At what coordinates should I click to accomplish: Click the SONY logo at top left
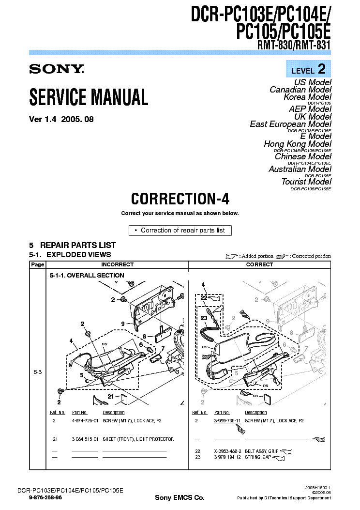point(57,69)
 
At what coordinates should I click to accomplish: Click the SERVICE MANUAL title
point(89,97)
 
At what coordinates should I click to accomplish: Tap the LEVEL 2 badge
point(308,69)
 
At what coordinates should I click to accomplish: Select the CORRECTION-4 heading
point(180,199)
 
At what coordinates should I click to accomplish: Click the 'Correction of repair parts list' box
point(180,231)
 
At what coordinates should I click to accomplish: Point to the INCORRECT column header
point(117,264)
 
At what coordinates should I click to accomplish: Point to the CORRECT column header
point(259,264)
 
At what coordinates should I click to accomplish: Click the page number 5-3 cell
point(37,372)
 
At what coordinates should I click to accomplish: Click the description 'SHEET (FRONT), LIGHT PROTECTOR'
point(138,439)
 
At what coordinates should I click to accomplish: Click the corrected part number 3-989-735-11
point(227,421)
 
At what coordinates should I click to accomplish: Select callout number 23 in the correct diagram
point(204,318)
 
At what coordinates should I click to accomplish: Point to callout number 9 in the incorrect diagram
point(123,324)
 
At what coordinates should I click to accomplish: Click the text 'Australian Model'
point(300,169)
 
